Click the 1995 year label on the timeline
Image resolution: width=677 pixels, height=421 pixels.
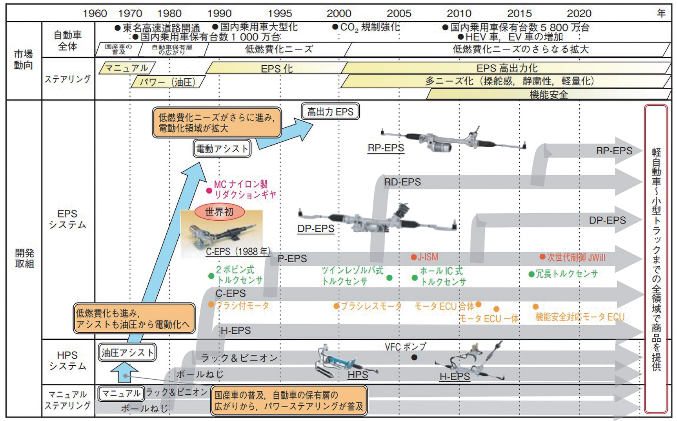pyautogui.click(x=280, y=13)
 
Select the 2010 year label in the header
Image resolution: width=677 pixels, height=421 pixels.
pyautogui.click(x=459, y=13)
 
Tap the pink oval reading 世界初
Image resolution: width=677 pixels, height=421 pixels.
pyautogui.click(x=219, y=212)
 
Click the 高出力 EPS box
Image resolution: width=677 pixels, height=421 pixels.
pyautogui.click(x=330, y=112)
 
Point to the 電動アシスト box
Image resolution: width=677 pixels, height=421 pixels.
pyautogui.click(x=222, y=149)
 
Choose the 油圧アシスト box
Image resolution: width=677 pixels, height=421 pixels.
pyautogui.click(x=127, y=352)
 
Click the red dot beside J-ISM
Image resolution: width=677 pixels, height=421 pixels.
pyautogui.click(x=413, y=257)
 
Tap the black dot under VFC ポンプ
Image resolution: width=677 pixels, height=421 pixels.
pyautogui.click(x=414, y=357)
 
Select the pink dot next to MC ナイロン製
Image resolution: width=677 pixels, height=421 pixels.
pyautogui.click(x=209, y=190)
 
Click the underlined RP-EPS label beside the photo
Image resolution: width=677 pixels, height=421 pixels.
pyautogui.click(x=386, y=148)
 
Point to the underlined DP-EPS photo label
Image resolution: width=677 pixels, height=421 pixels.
pyautogui.click(x=316, y=229)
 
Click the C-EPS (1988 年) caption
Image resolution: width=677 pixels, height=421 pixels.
pyautogui.click(x=238, y=252)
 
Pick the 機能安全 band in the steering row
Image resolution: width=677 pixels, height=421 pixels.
pyautogui.click(x=548, y=95)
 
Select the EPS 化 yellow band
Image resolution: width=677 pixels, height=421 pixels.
pyautogui.click(x=277, y=69)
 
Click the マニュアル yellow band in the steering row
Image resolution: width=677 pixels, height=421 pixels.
pyautogui.click(x=127, y=68)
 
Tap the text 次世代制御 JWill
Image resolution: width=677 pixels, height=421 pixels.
pyautogui.click(x=576, y=258)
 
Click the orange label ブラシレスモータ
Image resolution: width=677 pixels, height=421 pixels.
pyautogui.click(x=371, y=306)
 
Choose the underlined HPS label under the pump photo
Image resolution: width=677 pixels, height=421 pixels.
pyautogui.click(x=358, y=375)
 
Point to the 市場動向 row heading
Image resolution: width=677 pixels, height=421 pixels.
pyautogui.click(x=24, y=60)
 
